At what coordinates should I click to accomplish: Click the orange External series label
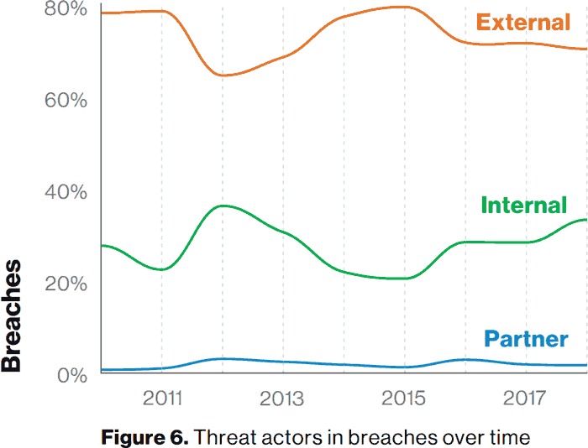tap(523, 22)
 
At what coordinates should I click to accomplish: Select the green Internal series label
tap(523, 205)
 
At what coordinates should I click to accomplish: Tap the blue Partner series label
tap(526, 339)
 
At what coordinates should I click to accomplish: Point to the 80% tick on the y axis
tap(66, 8)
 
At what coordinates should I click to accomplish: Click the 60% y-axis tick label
tap(66, 100)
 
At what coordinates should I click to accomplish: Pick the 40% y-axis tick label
tap(66, 192)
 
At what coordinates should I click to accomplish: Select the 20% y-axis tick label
tap(66, 284)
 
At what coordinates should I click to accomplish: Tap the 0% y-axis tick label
tap(72, 375)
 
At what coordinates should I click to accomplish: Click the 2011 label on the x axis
tap(162, 398)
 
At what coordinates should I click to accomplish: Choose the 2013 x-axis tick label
tap(281, 398)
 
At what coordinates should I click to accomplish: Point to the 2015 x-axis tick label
tap(403, 398)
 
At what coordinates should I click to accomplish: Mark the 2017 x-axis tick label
tap(524, 398)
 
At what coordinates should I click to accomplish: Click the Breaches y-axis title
tap(11, 315)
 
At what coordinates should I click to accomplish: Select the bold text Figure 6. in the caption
tap(144, 437)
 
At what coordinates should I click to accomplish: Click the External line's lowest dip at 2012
tap(223, 76)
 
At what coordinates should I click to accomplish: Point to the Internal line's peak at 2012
tap(223, 206)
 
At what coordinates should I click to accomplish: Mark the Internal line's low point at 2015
tap(403, 279)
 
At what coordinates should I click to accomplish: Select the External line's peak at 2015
tap(403, 7)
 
